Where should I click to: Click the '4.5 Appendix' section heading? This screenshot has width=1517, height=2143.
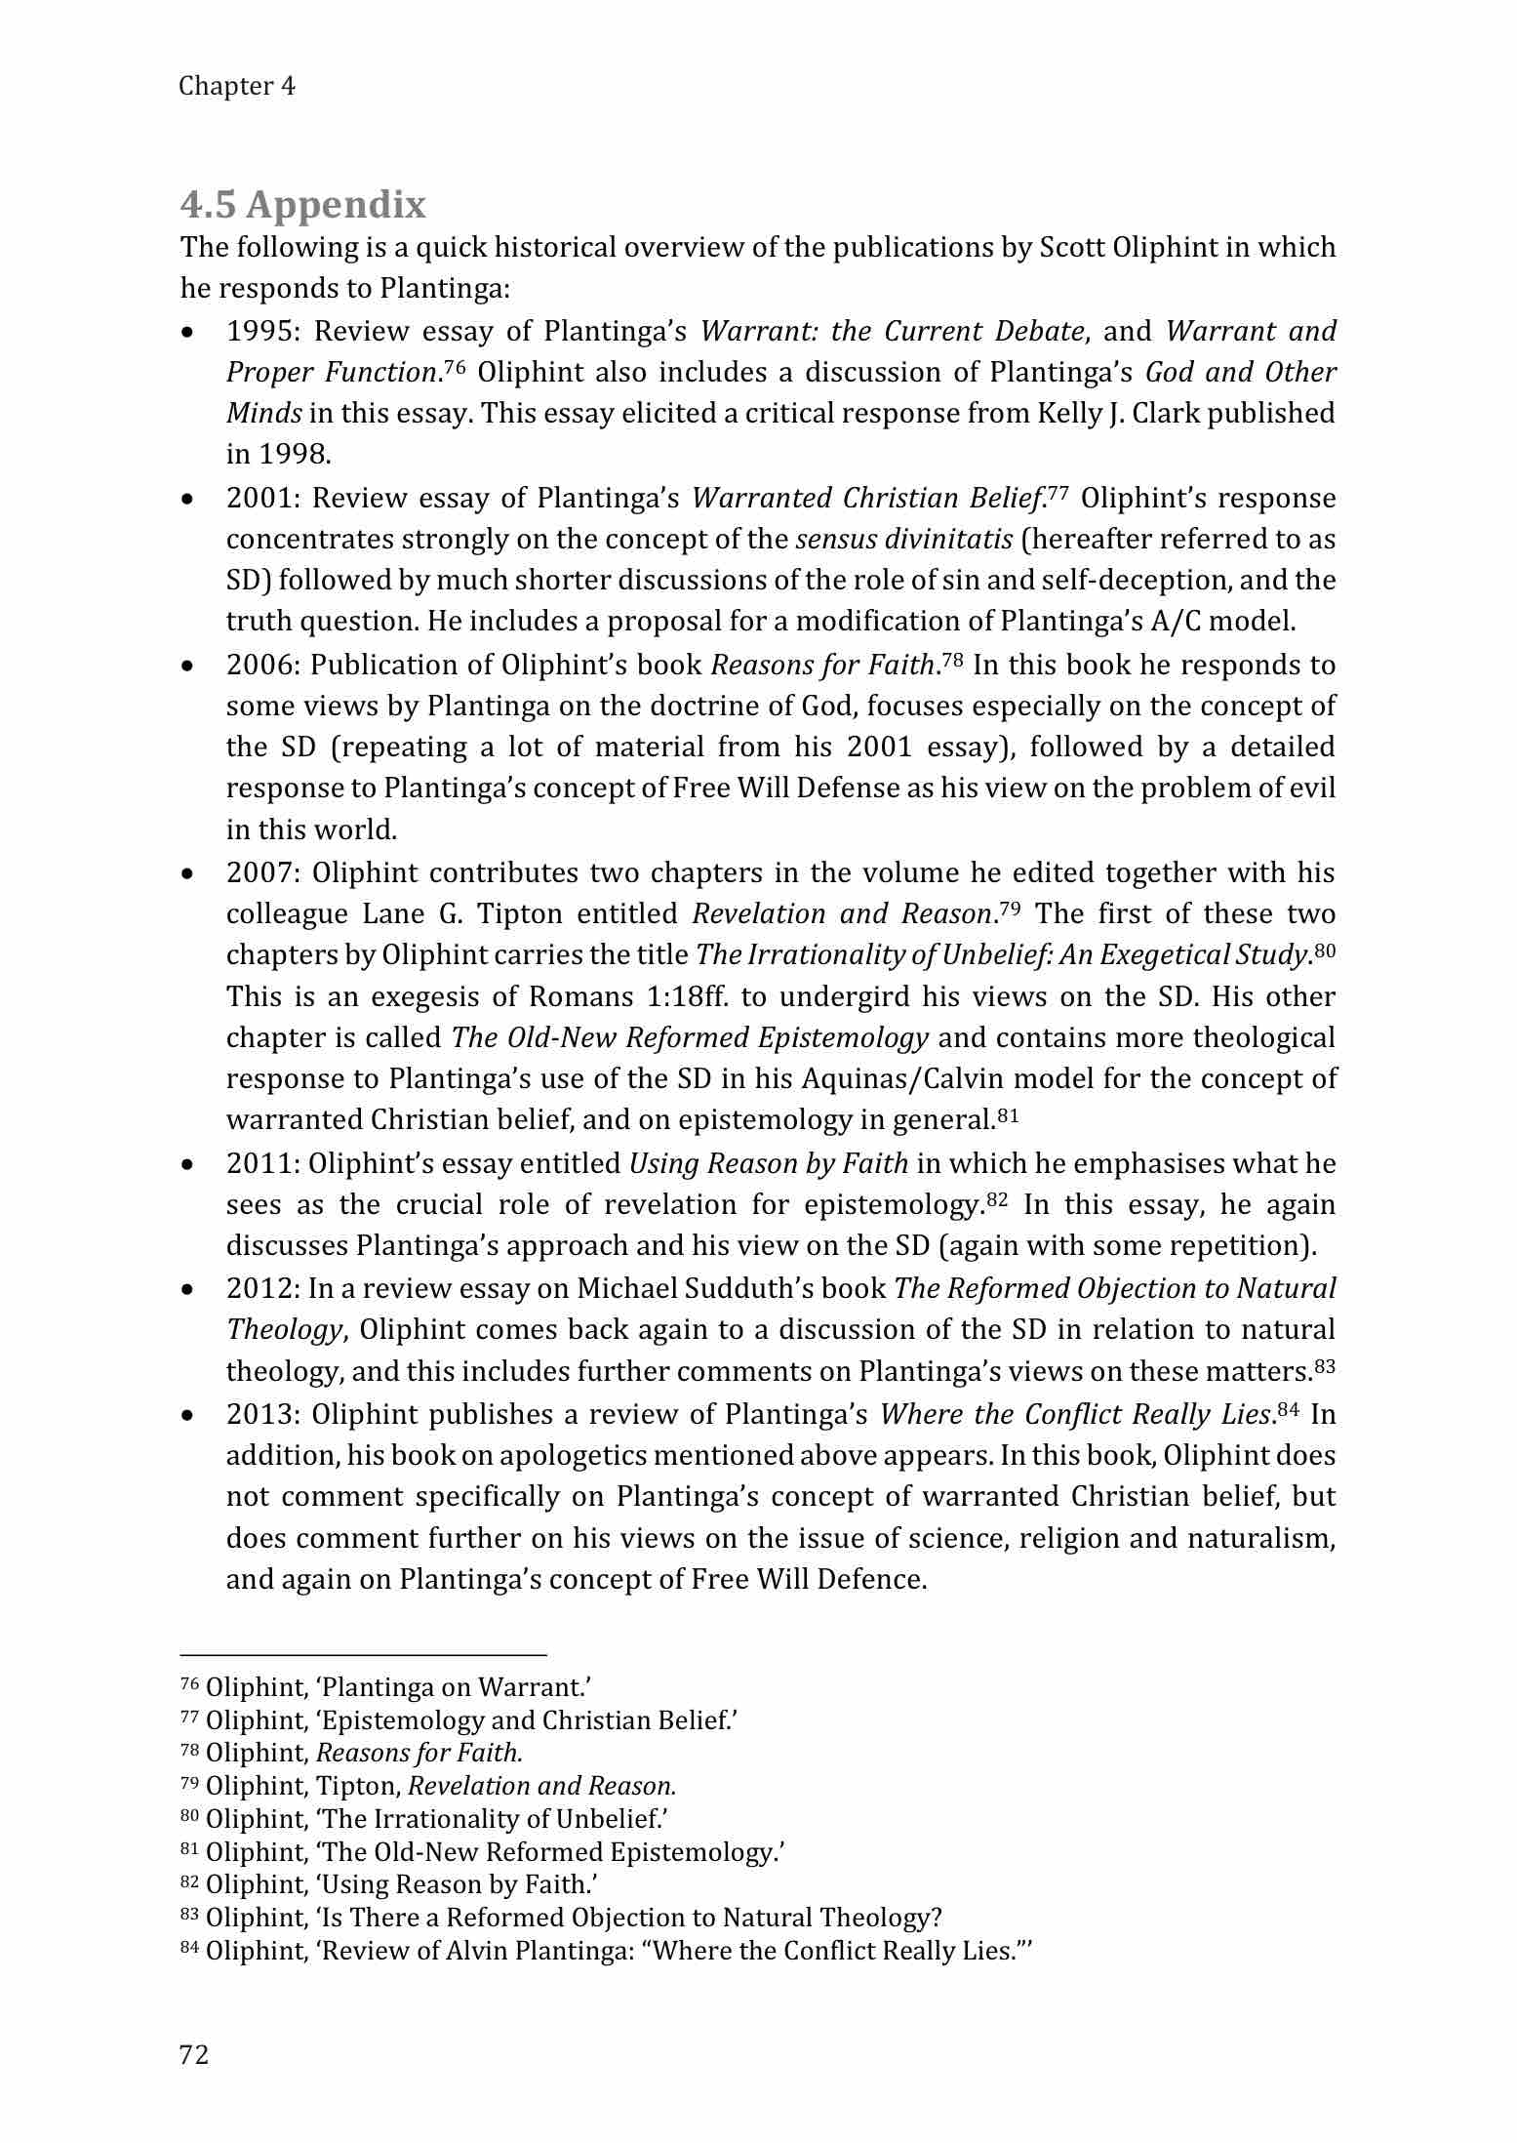coord(303,205)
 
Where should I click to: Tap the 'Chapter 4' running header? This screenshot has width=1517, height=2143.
coord(237,86)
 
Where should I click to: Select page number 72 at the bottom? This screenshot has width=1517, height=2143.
coord(194,2054)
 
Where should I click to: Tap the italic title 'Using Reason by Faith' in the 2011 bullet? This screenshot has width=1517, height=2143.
coord(769,1163)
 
